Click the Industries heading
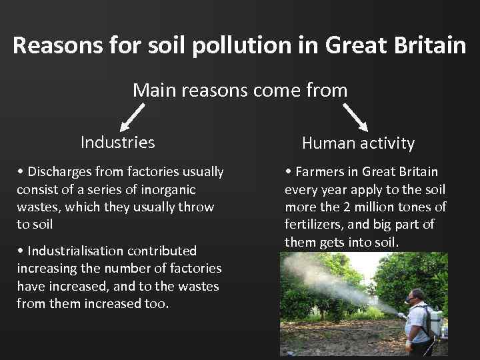[117, 142]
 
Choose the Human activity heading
[358, 143]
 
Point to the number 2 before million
[359, 207]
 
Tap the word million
[387, 207]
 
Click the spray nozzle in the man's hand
[400, 315]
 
